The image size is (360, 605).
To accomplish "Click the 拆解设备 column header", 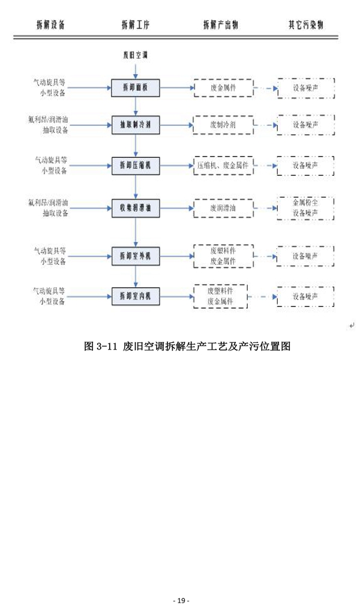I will [50, 25].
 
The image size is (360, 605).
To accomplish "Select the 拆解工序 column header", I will [135, 25].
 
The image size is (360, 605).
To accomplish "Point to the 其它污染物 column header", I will [306, 25].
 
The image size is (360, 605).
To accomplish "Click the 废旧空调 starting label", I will [135, 55].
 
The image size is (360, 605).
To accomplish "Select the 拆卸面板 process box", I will [136, 88].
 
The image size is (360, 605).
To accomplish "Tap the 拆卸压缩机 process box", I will [136, 164].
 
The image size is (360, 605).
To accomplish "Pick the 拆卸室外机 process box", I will [136, 256].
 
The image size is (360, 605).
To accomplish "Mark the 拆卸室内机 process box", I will [136, 296].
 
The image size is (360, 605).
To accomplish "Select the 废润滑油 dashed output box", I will [223, 207].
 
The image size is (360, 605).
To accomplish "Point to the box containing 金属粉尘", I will [305, 207].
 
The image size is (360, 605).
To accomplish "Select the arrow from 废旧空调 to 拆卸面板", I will [136, 70].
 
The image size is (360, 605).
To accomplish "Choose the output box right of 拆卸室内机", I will [220, 296].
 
